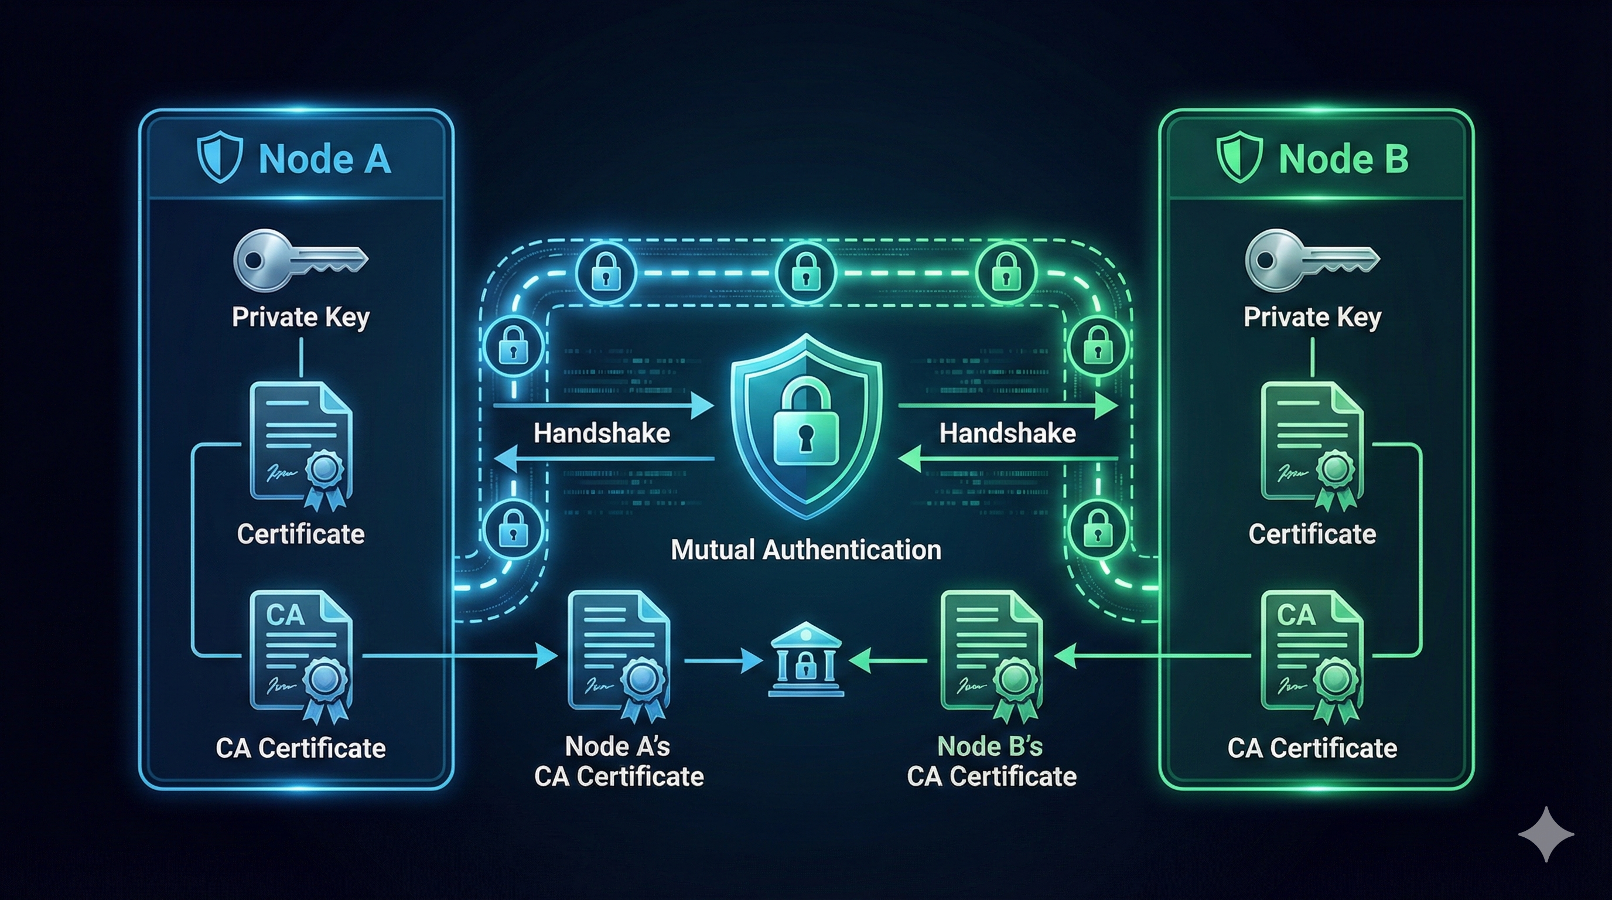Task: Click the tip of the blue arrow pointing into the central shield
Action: (x=714, y=406)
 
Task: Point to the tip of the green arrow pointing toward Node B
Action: (x=1118, y=406)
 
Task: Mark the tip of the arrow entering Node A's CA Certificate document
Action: (x=558, y=656)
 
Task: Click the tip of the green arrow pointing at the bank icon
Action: (x=849, y=660)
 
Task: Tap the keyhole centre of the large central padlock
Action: (x=805, y=433)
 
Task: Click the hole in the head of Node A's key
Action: (x=253, y=259)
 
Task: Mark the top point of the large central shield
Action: (x=806, y=333)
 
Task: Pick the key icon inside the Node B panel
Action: (x=1312, y=260)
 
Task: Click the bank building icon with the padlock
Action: (x=806, y=659)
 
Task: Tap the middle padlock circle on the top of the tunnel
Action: (x=806, y=274)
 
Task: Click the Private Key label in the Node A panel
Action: (x=301, y=318)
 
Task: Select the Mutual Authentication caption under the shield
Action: (x=806, y=550)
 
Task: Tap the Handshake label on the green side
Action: (x=1008, y=433)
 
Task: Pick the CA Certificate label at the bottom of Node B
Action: (x=1312, y=748)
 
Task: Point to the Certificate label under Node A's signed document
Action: (x=301, y=534)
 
